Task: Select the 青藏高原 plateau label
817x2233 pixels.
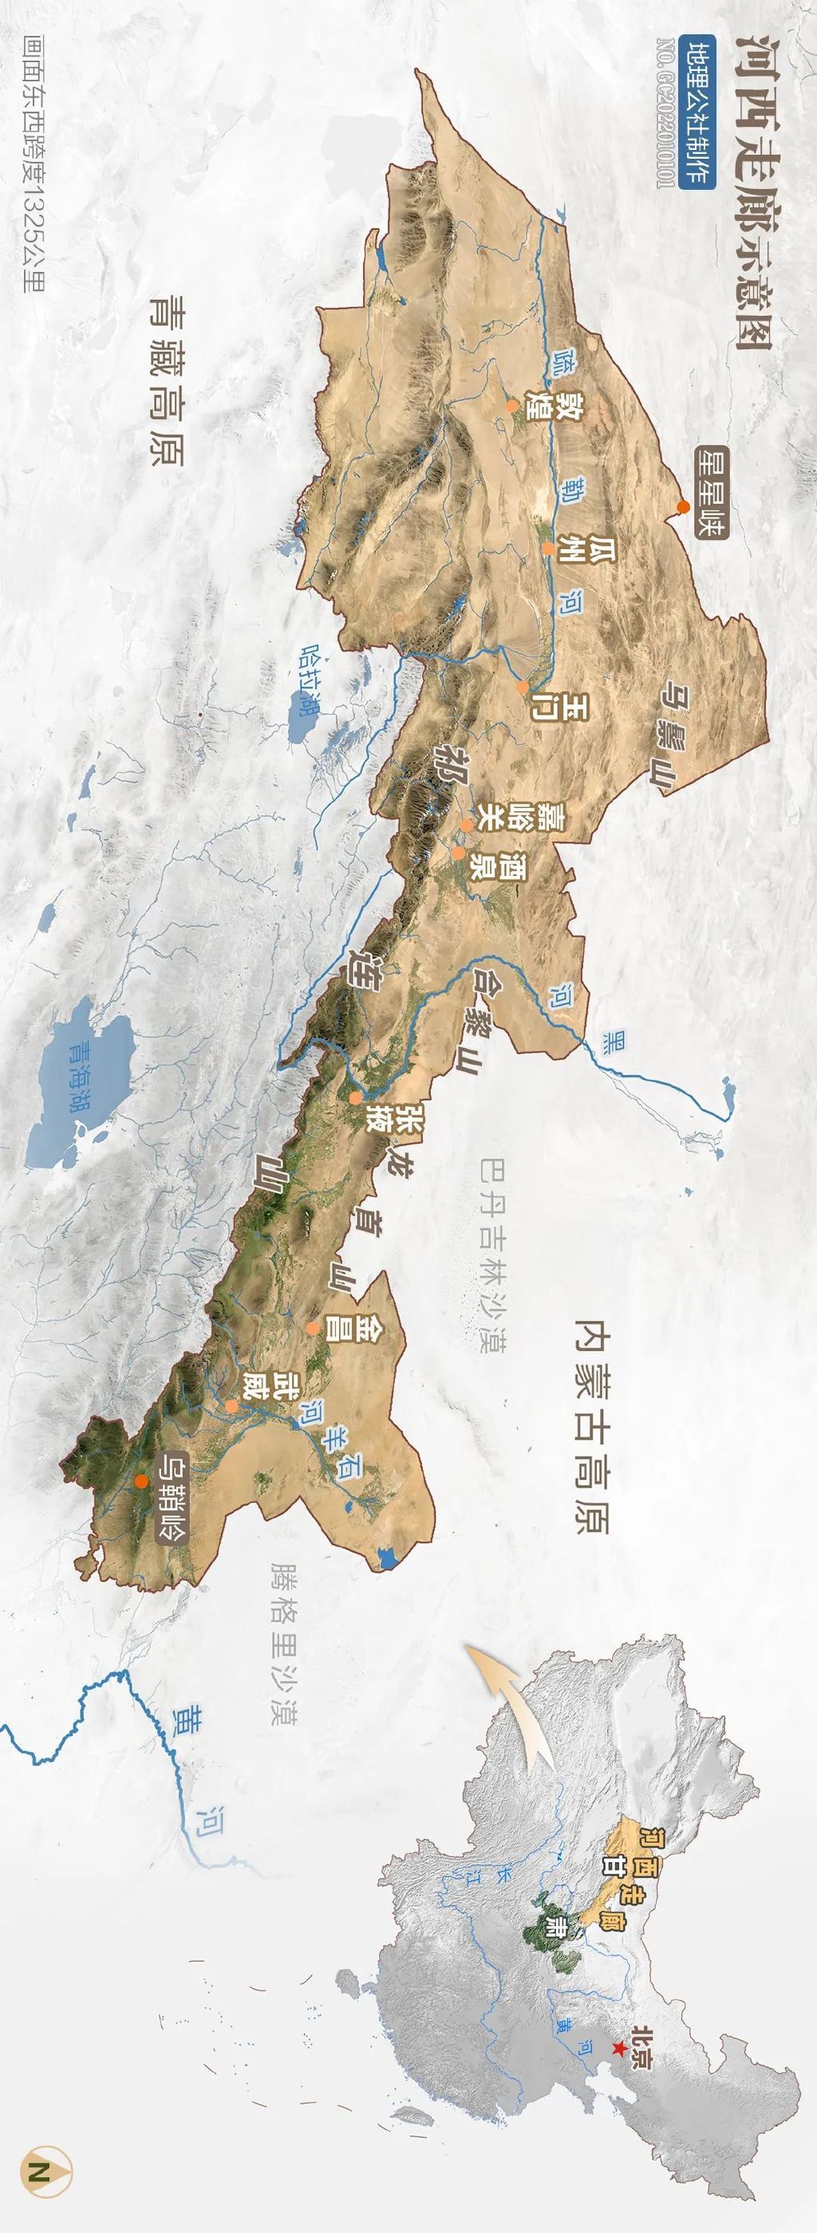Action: tap(166, 380)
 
